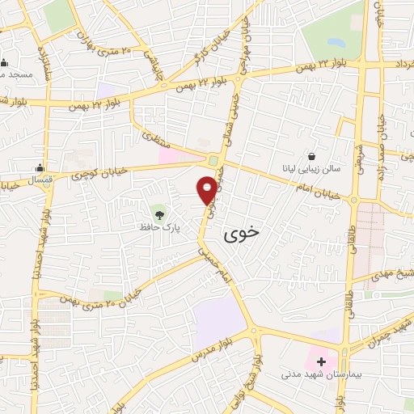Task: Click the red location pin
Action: [x=208, y=189]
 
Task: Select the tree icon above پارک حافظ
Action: [x=159, y=215]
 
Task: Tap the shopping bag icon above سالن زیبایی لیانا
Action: [x=312, y=156]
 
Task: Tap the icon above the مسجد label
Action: [x=5, y=64]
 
